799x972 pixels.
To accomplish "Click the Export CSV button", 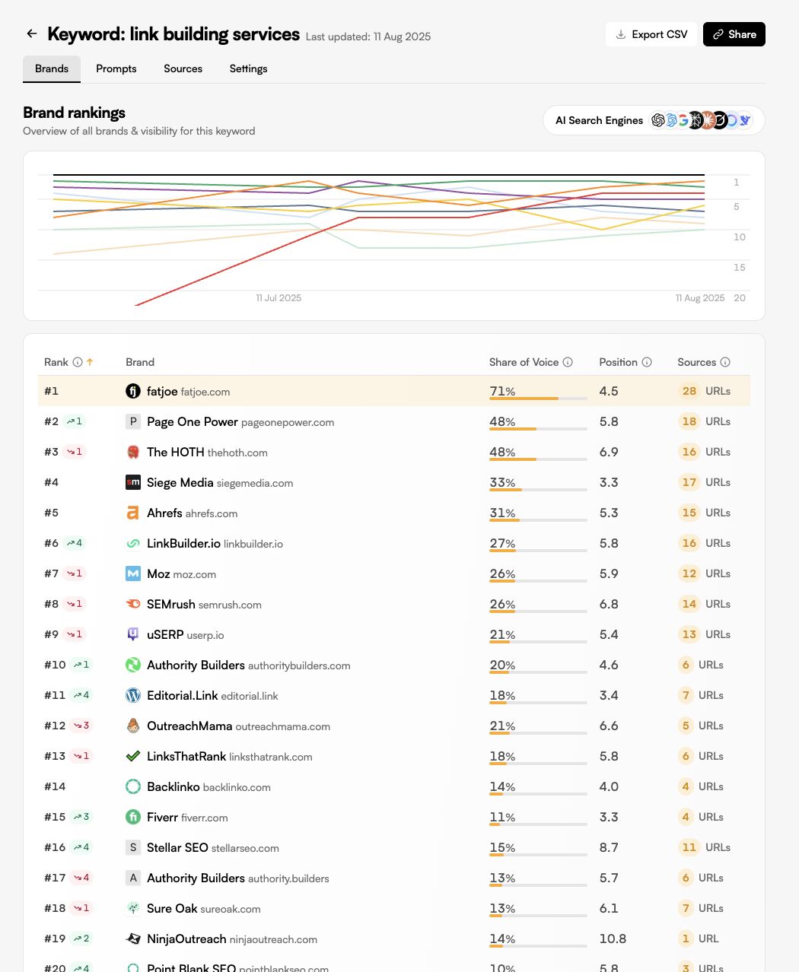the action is click(651, 34).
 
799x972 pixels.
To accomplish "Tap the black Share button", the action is click(734, 34).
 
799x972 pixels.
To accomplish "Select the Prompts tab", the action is click(116, 68).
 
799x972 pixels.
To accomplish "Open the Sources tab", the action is click(183, 68).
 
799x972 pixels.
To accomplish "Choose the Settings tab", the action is click(249, 68).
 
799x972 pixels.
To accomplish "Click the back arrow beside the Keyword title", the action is click(32, 33).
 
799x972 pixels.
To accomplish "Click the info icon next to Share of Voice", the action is click(568, 362).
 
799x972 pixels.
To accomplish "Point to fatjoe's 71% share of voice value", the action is click(502, 391).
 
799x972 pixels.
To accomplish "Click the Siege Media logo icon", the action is click(133, 482).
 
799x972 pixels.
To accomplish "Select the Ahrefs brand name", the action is click(164, 513).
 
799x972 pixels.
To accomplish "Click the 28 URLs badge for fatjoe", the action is click(704, 391).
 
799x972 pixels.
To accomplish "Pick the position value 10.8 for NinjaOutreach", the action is click(613, 939).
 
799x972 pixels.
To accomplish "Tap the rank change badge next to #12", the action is click(81, 726).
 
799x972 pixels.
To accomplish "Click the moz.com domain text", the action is click(195, 574).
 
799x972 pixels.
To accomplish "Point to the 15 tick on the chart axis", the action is click(739, 267).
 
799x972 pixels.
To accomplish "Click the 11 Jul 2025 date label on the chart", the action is click(279, 298).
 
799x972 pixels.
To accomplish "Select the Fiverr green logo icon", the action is click(133, 817).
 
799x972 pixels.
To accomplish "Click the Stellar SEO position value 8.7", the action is click(609, 847).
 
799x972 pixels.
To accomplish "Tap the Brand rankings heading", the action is click(75, 113).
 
